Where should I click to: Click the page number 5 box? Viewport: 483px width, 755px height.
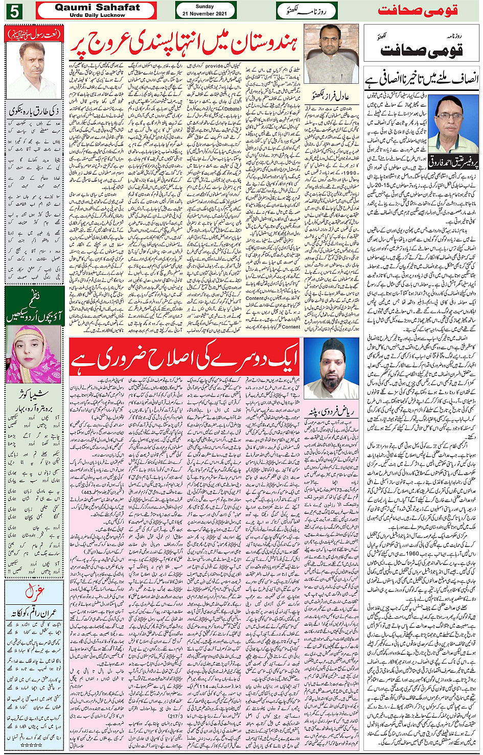pos(14,10)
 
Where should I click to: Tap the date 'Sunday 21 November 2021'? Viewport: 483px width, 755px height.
pos(205,10)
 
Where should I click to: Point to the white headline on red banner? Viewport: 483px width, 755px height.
pos(183,360)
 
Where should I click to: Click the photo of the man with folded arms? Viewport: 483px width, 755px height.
pos(331,54)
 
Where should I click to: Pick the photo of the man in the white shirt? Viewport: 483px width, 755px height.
pos(34,70)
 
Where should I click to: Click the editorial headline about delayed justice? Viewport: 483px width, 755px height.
pos(422,79)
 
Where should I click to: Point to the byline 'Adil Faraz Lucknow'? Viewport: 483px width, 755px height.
pos(331,95)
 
